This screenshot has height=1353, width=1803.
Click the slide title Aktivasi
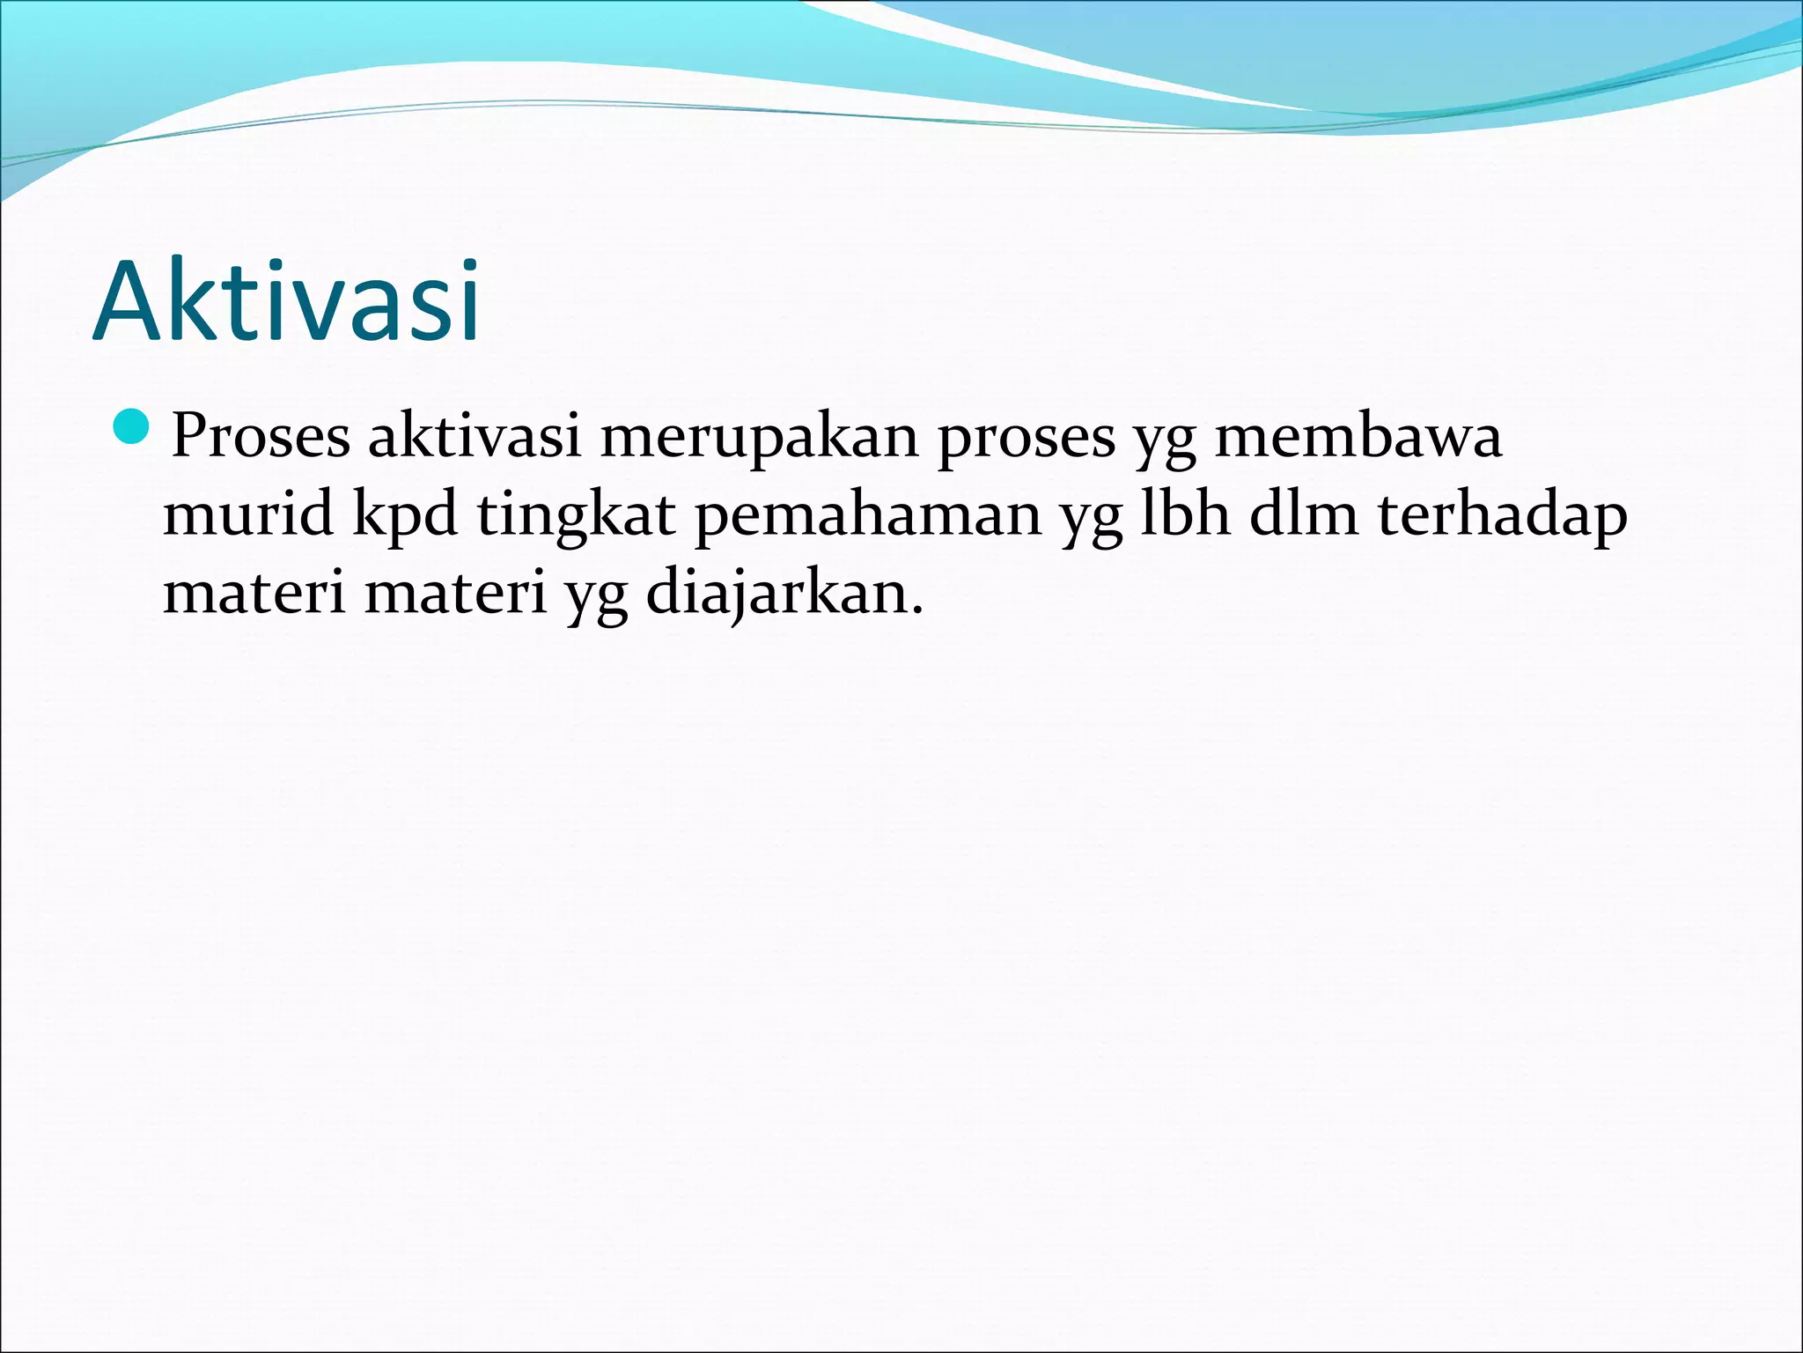tap(286, 301)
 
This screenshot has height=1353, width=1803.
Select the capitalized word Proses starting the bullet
tap(261, 435)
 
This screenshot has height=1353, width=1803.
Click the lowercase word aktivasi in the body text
tap(475, 435)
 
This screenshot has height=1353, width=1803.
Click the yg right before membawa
tap(1164, 440)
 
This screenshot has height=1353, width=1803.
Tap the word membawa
tap(1358, 435)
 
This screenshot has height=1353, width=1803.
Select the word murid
tap(248, 514)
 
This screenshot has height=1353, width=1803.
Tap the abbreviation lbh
tap(1185, 514)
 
